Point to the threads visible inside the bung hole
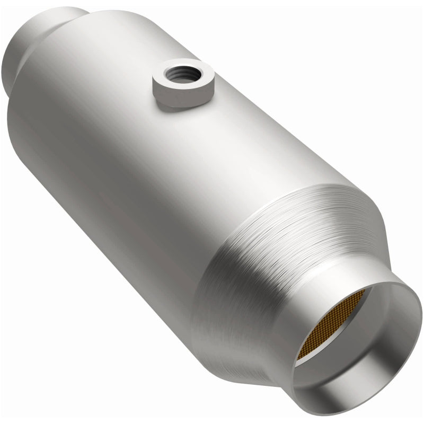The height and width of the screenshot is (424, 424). coord(177,68)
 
